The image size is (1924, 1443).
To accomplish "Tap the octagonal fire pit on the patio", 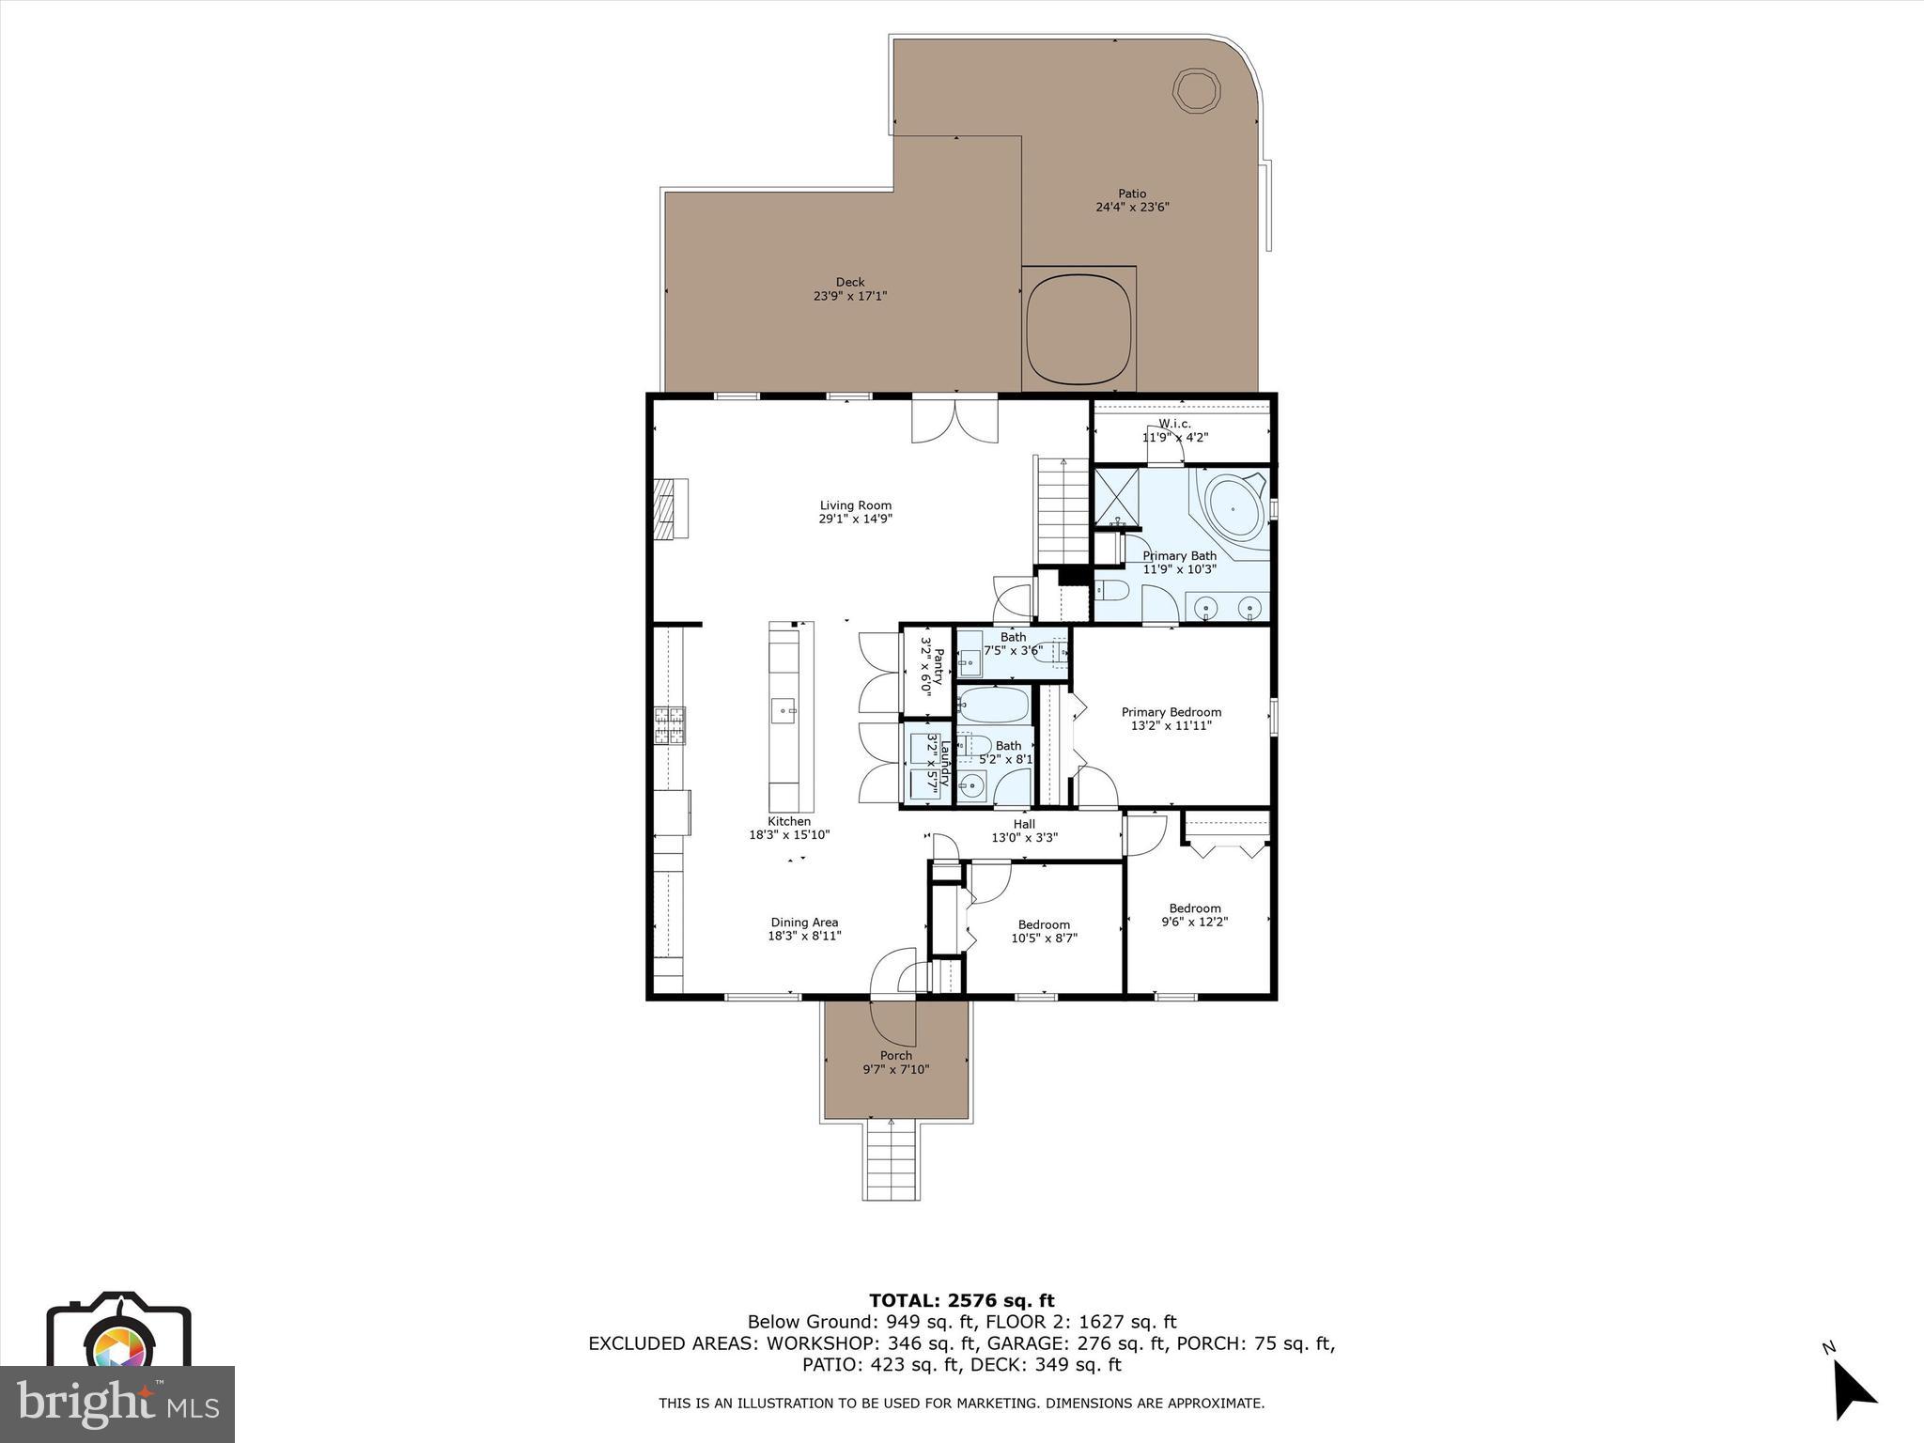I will pyautogui.click(x=1196, y=91).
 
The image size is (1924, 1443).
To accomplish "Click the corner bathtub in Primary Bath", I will pyautogui.click(x=1234, y=507).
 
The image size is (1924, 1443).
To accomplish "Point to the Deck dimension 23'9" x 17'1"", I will pyautogui.click(x=850, y=296).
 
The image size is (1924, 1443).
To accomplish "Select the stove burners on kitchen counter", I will pyautogui.click(x=670, y=725).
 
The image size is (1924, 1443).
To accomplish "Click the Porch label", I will pyautogui.click(x=895, y=1055).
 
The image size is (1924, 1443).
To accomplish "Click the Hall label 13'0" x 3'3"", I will pyautogui.click(x=1024, y=830).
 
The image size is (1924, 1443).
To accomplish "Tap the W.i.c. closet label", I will pyautogui.click(x=1174, y=430).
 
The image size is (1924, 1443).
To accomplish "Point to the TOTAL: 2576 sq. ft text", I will pyautogui.click(x=961, y=1300).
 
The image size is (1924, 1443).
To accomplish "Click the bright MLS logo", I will pyautogui.click(x=116, y=1404).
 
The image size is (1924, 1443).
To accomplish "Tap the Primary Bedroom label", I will pyautogui.click(x=1171, y=719).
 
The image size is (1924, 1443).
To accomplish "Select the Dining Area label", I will pyautogui.click(x=804, y=928).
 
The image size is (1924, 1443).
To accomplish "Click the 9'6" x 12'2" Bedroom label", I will pyautogui.click(x=1194, y=914).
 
